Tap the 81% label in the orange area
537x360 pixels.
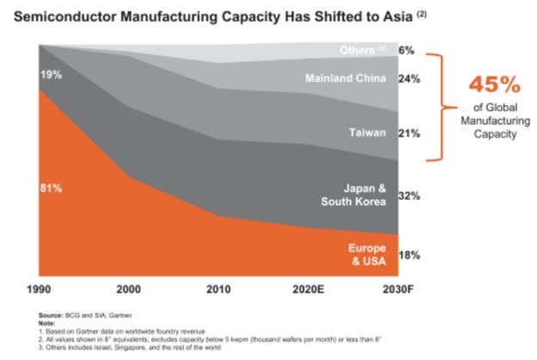[x=51, y=187]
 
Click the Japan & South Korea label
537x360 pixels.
[x=364, y=195]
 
